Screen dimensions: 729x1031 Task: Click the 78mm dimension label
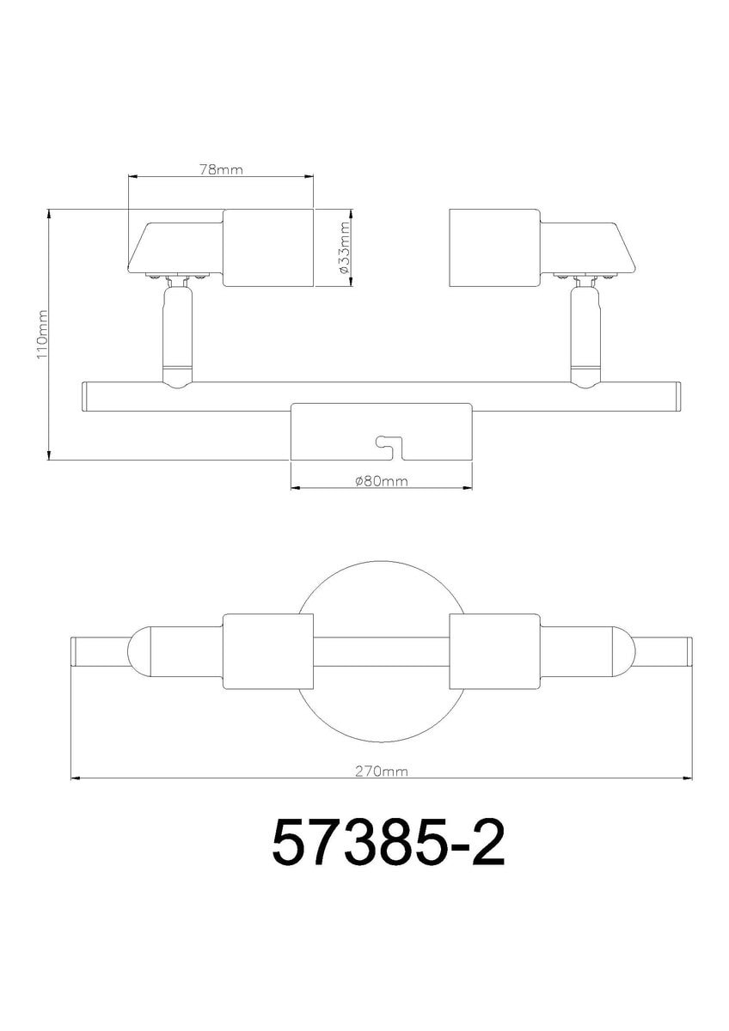pos(221,170)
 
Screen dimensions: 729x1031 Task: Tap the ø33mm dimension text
pos(344,247)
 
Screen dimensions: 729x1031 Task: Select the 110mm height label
pos(42,334)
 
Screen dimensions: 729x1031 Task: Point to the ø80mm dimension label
pos(382,481)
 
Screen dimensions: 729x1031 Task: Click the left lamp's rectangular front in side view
pos(268,248)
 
